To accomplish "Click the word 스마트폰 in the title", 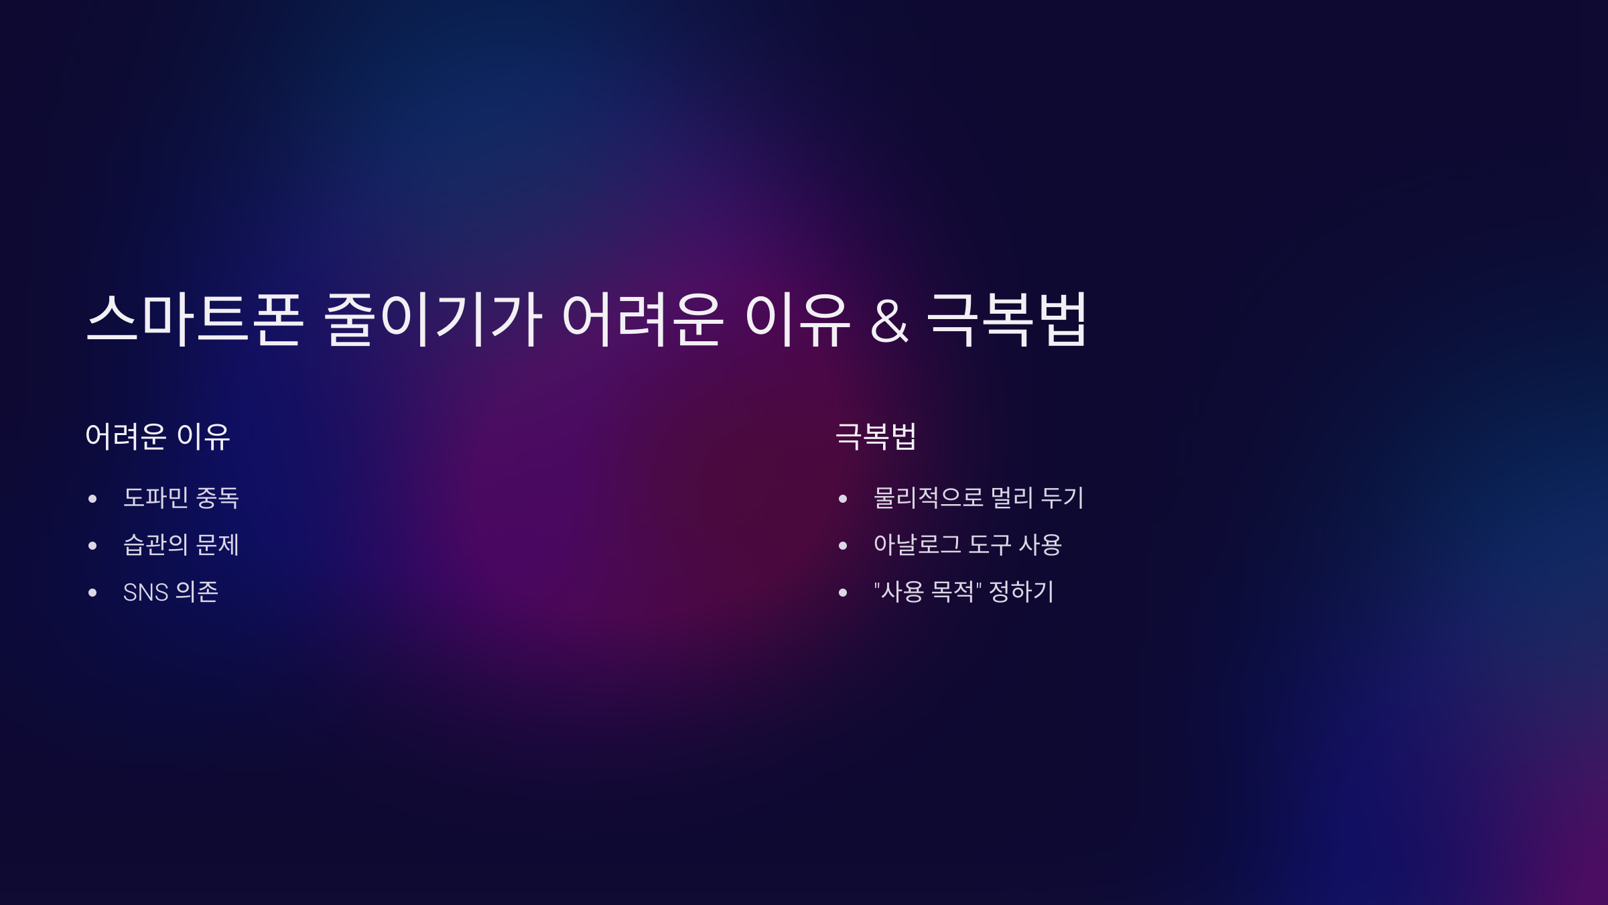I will tap(195, 320).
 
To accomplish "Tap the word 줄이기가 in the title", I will tap(433, 320).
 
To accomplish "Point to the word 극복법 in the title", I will tap(1007, 320).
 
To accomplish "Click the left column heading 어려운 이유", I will tap(158, 436).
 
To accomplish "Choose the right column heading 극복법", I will tap(876, 436).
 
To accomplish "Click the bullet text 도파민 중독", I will tap(181, 498).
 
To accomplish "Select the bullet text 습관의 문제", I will tap(181, 545).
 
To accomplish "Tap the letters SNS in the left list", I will tap(145, 593).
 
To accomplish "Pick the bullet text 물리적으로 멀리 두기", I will tap(978, 498).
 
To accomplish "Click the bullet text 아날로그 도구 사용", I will tap(967, 545).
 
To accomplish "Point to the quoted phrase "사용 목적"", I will tap(928, 592).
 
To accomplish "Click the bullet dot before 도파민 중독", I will tap(92, 499).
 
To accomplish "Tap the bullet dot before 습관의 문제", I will tap(92, 546).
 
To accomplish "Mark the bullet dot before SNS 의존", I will tap(92, 593).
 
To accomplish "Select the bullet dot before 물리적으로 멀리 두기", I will tap(843, 499).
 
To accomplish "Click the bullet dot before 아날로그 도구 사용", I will tap(843, 546).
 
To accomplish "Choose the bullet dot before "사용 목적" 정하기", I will tap(843, 593).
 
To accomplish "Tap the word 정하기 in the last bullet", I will tap(1021, 592).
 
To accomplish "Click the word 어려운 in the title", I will tap(643, 320).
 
